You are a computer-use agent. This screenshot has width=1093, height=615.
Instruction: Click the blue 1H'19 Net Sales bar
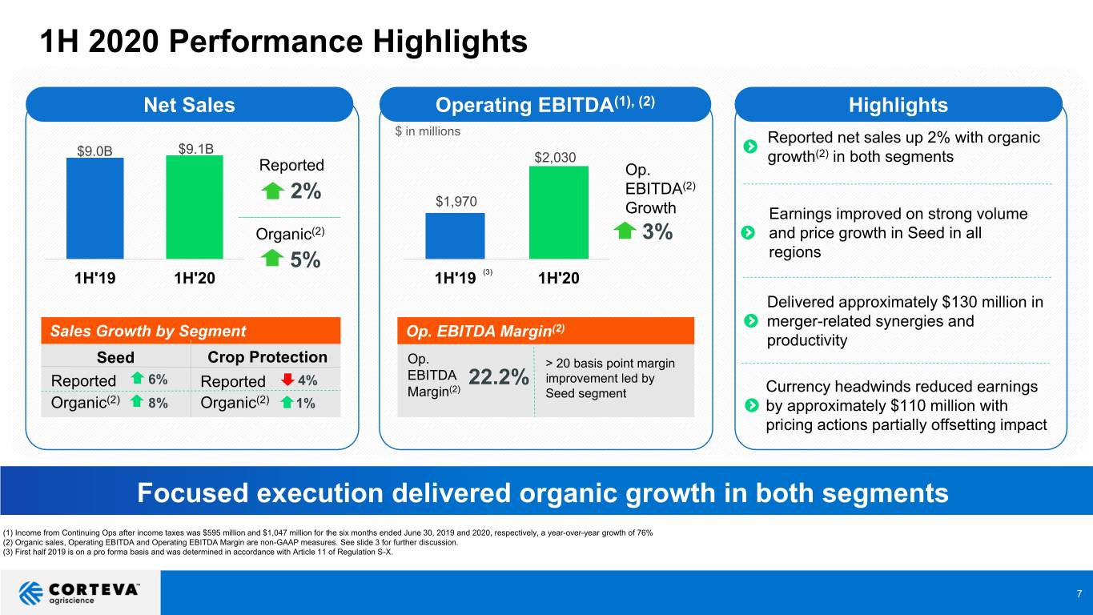click(95, 208)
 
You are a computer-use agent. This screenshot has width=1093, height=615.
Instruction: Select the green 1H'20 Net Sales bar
click(195, 207)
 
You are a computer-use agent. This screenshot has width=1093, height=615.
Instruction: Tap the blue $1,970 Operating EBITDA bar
click(456, 235)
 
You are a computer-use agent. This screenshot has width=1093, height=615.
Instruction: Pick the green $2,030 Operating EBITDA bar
click(559, 212)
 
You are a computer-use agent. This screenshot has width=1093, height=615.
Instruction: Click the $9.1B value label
click(195, 148)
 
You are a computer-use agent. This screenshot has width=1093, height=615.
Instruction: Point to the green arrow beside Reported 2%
click(272, 191)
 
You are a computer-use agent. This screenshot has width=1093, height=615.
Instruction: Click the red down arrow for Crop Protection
click(287, 380)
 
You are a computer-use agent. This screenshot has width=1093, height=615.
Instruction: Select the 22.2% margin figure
click(499, 377)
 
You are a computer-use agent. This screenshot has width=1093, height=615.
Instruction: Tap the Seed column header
click(115, 357)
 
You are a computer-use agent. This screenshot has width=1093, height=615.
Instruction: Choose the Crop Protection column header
click(267, 357)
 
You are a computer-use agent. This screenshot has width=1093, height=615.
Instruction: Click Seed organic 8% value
click(158, 403)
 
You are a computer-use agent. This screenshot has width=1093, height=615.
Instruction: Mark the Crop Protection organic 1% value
click(305, 403)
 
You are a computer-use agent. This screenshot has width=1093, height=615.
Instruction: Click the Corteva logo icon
click(30, 593)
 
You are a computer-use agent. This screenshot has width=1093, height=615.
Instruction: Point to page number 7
click(1079, 593)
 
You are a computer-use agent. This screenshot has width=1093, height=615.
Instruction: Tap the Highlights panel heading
click(898, 105)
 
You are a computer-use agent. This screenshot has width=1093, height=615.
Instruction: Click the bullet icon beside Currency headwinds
click(751, 405)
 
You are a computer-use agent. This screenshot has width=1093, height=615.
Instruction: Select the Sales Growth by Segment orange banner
click(191, 331)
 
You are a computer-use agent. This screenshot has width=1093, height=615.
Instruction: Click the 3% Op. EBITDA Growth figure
click(657, 231)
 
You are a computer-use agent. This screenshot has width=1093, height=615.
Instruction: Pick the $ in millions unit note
click(428, 131)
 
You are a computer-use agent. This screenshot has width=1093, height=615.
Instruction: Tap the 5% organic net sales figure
click(305, 259)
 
